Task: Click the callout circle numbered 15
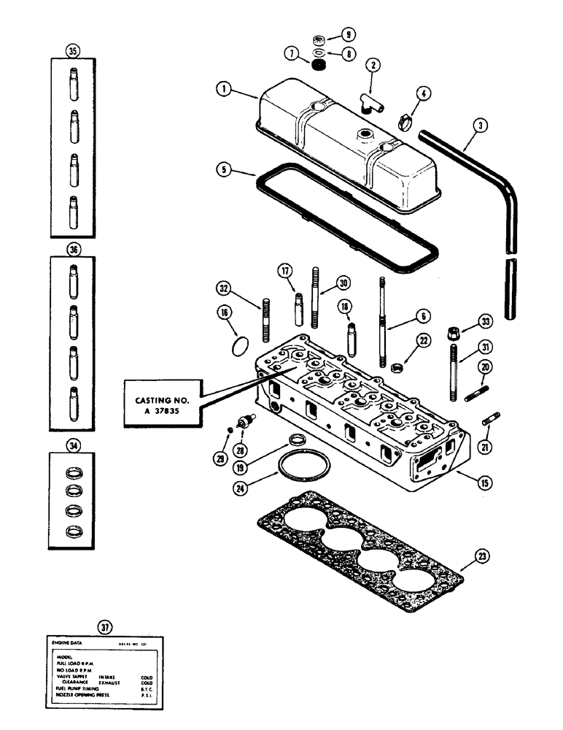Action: pyautogui.click(x=480, y=482)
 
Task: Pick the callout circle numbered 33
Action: pyautogui.click(x=481, y=321)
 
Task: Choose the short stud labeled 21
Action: pyautogui.click(x=491, y=423)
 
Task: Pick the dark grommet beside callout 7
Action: pyautogui.click(x=317, y=66)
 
